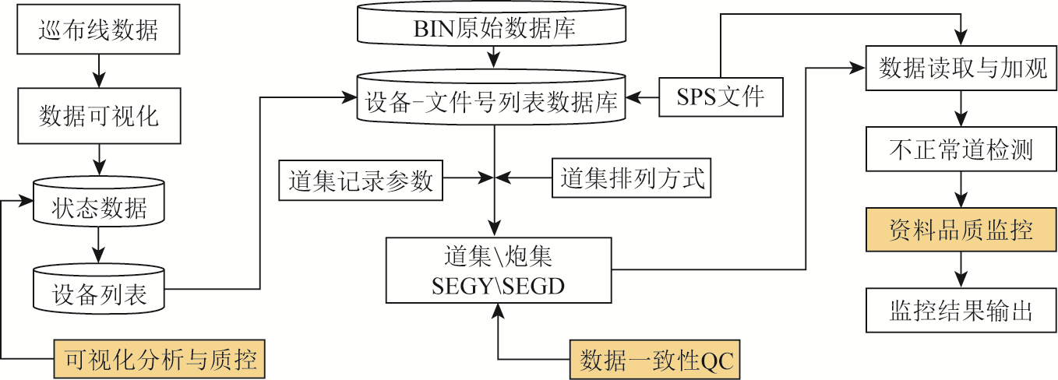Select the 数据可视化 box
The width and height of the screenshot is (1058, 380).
(98, 117)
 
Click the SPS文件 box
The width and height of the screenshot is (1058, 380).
(720, 97)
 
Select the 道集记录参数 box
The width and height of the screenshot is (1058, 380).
(360, 181)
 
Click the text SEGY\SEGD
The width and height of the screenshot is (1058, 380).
(498, 287)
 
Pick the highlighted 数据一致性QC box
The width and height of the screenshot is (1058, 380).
(654, 361)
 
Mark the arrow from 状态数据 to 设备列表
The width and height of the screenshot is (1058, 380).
(98, 251)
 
